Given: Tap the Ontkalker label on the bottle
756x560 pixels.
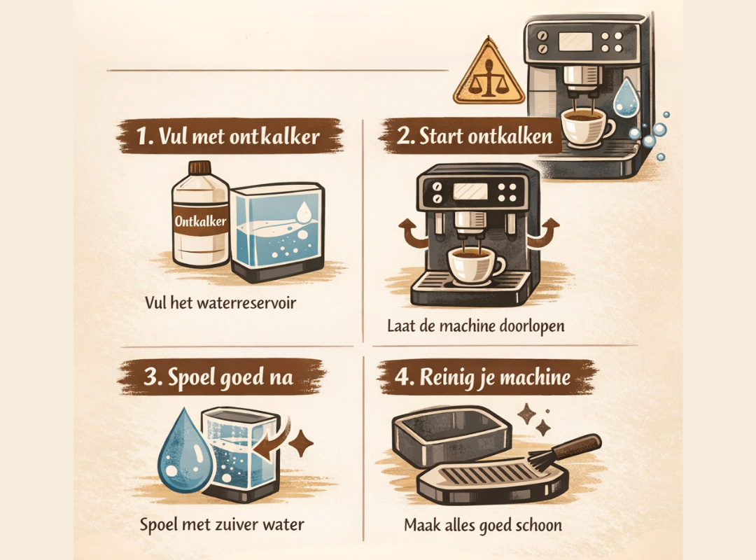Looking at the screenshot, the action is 201,221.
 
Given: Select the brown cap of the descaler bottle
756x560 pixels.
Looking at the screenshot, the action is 199,167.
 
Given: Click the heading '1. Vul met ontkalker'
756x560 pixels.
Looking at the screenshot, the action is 228,136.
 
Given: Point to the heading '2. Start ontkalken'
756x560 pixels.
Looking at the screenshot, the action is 475,136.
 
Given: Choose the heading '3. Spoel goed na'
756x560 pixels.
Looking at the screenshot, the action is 218,377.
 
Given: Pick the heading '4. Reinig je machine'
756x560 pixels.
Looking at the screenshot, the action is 482,377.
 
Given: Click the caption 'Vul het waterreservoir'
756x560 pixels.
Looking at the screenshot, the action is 220,303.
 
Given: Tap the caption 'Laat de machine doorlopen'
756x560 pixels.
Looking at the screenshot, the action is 476,326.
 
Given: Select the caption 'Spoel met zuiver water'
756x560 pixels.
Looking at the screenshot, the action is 222,524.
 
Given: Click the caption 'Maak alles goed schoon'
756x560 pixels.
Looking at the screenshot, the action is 483,525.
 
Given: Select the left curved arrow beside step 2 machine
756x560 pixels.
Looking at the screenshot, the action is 412,233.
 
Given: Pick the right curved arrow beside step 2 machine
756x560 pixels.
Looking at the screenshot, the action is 543,232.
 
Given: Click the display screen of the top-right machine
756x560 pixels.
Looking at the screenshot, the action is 575,42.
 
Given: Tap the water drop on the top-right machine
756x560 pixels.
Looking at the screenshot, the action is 625,97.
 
